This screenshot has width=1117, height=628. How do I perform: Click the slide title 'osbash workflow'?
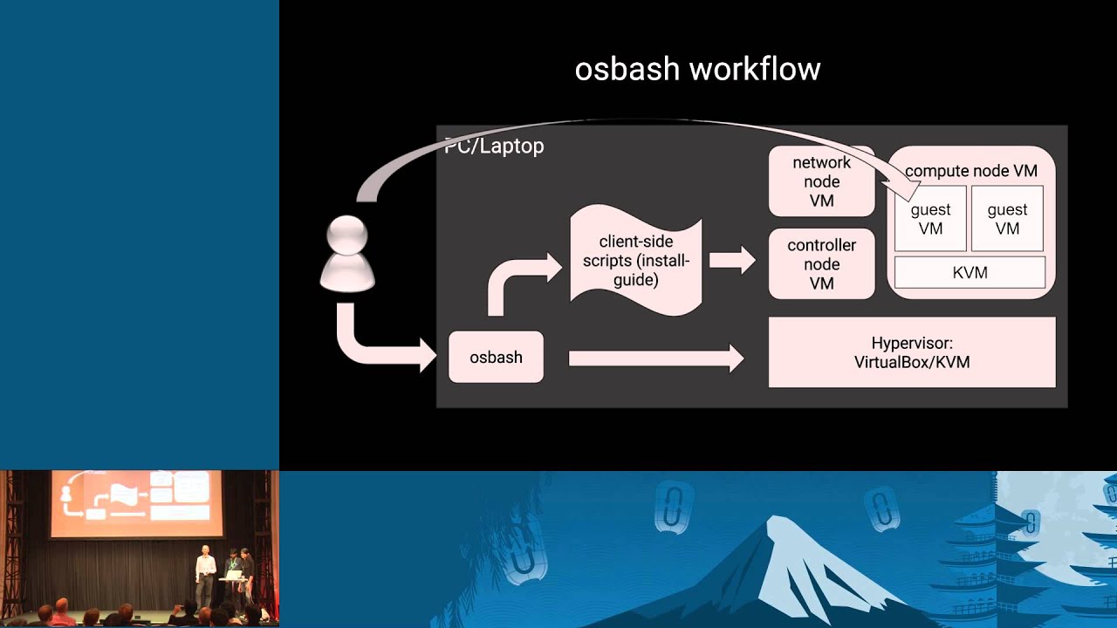pyautogui.click(x=697, y=69)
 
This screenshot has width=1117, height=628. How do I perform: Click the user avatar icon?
pyautogui.click(x=348, y=253)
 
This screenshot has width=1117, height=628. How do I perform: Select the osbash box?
pyautogui.click(x=496, y=357)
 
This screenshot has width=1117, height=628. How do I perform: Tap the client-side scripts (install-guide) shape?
pyautogui.click(x=635, y=260)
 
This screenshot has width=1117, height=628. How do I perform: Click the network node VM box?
pyautogui.click(x=821, y=181)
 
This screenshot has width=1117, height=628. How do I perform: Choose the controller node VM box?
pyautogui.click(x=821, y=264)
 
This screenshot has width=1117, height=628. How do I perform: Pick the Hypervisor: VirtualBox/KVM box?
pyautogui.click(x=911, y=352)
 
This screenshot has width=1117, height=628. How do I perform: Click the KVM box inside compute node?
pyautogui.click(x=970, y=272)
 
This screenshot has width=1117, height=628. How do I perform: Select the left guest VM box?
pyautogui.click(x=930, y=219)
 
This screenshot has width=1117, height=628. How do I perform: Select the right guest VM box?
pyautogui.click(x=1007, y=219)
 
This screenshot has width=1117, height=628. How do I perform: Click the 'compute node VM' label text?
pyautogui.click(x=970, y=171)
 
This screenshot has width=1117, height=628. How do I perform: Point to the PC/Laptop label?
pyautogui.click(x=495, y=147)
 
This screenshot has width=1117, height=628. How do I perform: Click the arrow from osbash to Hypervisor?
pyautogui.click(x=654, y=358)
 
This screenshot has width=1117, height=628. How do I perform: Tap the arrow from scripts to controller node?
pyautogui.click(x=731, y=259)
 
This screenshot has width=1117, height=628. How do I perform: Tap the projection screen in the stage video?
pyautogui.click(x=137, y=503)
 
